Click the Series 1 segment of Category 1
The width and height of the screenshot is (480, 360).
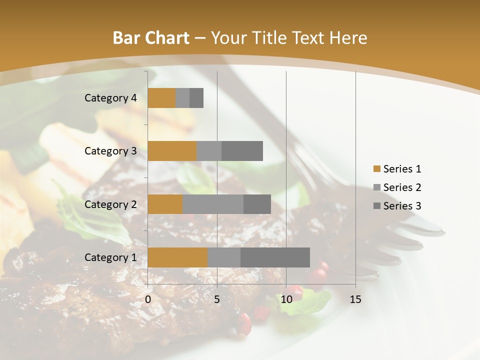177,257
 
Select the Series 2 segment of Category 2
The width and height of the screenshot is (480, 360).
213,204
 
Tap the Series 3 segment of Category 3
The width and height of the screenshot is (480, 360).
242,151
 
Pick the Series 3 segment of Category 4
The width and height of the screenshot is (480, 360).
196,98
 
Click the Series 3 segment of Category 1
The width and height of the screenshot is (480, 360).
275,257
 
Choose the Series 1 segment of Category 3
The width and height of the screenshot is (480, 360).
172,151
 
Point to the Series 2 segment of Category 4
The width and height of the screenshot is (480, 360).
182,98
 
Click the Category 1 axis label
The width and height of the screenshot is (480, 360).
110,257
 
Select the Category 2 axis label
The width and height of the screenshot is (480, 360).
110,204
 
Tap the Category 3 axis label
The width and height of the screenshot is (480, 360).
110,151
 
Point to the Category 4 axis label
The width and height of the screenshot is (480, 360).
110,98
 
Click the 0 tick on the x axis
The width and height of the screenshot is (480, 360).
148,299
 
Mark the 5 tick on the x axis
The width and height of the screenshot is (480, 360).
217,299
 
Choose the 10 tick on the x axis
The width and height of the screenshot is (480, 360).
286,299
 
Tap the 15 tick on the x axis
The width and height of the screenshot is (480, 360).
355,299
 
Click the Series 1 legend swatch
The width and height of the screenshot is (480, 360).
376,169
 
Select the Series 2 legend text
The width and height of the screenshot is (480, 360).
402,187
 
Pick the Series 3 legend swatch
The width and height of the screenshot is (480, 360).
376,206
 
